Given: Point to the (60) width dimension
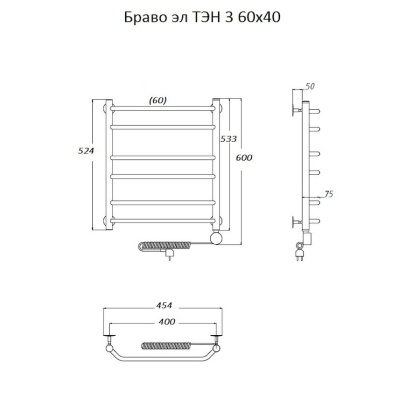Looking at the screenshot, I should [x=157, y=99].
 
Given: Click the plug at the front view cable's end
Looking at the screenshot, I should [x=171, y=257].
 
